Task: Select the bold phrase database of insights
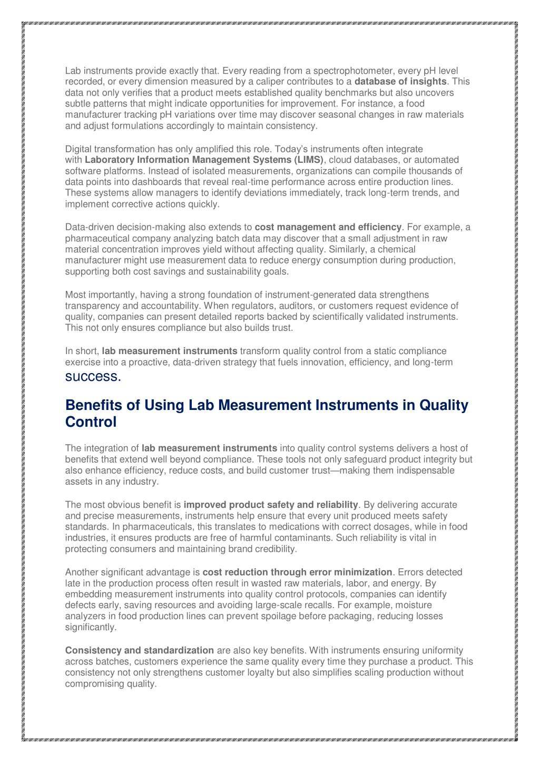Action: [400, 82]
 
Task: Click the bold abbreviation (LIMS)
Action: [310, 160]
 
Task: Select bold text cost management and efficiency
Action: [328, 227]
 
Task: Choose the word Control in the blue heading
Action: [91, 422]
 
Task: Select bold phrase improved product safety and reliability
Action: [271, 505]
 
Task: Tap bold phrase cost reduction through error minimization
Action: [297, 572]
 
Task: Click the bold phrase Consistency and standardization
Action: [140, 650]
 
